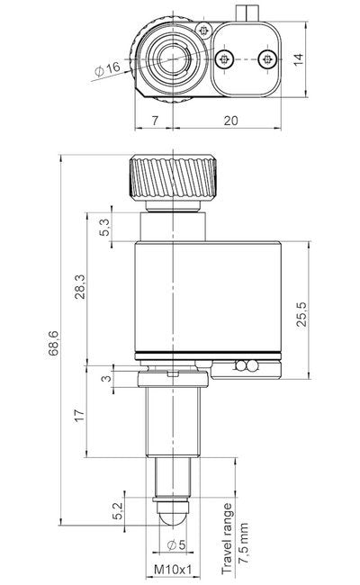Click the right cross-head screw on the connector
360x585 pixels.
(265, 58)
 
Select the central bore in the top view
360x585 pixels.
(170, 59)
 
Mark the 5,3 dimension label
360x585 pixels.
(105, 229)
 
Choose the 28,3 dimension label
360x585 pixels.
(81, 289)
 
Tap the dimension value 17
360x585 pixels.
(81, 416)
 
